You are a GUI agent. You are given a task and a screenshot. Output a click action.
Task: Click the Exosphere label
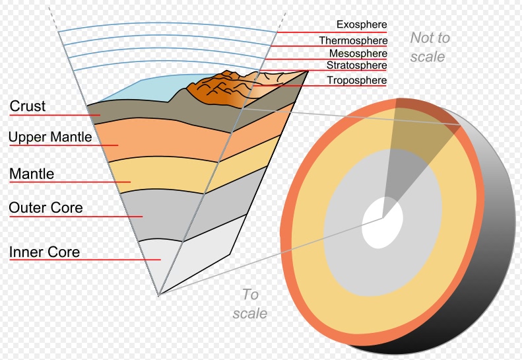pos(362,24)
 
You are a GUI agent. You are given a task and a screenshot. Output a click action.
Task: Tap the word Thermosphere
pos(353,41)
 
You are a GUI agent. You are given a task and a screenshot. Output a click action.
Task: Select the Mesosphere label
pos(358,54)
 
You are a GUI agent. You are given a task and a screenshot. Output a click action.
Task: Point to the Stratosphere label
pos(356,65)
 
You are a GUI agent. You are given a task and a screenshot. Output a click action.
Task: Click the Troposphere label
pos(356,80)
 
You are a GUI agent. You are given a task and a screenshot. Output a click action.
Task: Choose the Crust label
pos(28,106)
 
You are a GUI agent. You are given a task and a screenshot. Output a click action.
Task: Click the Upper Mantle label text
pos(50,137)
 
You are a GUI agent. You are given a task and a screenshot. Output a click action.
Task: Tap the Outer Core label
pos(46,207)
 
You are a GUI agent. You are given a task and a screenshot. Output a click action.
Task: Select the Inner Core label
pos(45,252)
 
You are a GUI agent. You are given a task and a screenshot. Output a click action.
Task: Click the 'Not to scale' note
pos(430,47)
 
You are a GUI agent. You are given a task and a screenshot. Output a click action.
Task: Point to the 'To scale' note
pos(250,304)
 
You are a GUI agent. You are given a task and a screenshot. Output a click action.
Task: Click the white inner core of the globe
pos(382,222)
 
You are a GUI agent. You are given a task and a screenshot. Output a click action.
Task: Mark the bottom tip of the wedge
pos(159,295)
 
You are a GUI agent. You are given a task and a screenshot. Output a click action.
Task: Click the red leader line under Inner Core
pos(85,260)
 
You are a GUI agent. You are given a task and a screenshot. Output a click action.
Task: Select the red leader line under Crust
pos(55,116)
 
